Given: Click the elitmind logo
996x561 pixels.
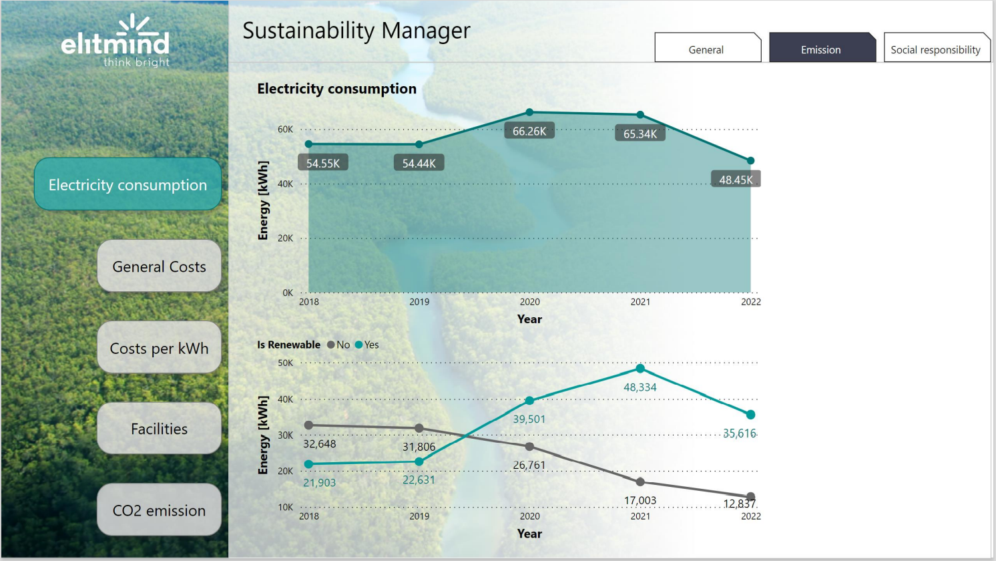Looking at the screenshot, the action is pyautogui.click(x=115, y=41).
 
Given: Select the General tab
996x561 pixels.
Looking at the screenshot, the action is pyautogui.click(x=708, y=47).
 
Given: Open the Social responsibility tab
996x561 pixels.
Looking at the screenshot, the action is pyautogui.click(x=937, y=47).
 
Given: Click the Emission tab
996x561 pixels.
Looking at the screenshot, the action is pyautogui.click(x=822, y=47).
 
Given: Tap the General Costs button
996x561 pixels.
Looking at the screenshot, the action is pyautogui.click(x=159, y=266).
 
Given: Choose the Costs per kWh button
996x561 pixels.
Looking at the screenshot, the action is pyautogui.click(x=159, y=347).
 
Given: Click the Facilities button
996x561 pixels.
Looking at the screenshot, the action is pyautogui.click(x=159, y=428).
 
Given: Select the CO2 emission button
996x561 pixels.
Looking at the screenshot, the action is pyautogui.click(x=159, y=510).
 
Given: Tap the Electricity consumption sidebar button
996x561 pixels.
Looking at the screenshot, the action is pyautogui.click(x=128, y=184).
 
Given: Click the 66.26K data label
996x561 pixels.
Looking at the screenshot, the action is pyautogui.click(x=529, y=132).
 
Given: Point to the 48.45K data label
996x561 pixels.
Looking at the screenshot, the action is pyautogui.click(x=736, y=180).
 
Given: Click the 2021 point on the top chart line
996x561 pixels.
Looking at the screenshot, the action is pyautogui.click(x=640, y=115).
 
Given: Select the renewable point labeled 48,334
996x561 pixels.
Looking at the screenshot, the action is pyautogui.click(x=640, y=369).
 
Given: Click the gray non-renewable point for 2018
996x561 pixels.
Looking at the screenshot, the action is pyautogui.click(x=308, y=425).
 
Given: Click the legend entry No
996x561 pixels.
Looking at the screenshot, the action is pyautogui.click(x=339, y=345).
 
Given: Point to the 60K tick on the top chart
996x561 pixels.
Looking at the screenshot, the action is pyautogui.click(x=286, y=130).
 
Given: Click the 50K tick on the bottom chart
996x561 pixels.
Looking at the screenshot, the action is pyautogui.click(x=286, y=363).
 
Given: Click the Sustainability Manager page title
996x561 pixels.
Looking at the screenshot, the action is pyautogui.click(x=356, y=31).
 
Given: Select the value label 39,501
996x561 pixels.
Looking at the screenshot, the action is pyautogui.click(x=529, y=419).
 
